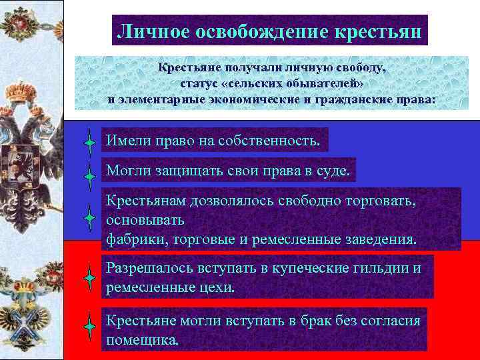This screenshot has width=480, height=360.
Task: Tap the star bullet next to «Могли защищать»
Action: pyautogui.click(x=89, y=177)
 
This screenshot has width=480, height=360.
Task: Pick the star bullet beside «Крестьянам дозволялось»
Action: pyautogui.click(x=89, y=217)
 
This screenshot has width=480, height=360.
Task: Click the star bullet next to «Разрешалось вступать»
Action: pyautogui.click(x=89, y=277)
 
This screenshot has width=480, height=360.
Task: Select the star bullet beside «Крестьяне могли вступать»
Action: pyautogui.click(x=89, y=327)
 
